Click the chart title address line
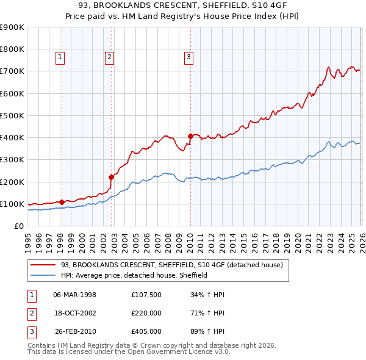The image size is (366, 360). click(x=183, y=5)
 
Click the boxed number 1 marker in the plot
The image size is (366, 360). click(x=61, y=57)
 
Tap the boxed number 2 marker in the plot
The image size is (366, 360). click(x=109, y=57)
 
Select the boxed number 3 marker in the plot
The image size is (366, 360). click(x=188, y=57)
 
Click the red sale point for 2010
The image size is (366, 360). click(x=190, y=136)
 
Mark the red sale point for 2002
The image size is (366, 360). click(x=112, y=177)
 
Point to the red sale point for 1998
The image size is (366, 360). click(x=62, y=202)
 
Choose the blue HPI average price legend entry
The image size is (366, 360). click(x=134, y=275)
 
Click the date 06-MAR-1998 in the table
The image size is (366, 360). click(x=75, y=295)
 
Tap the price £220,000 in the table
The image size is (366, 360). click(x=146, y=313)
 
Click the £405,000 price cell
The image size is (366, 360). click(x=146, y=331)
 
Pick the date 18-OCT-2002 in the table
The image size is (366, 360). click(x=75, y=313)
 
